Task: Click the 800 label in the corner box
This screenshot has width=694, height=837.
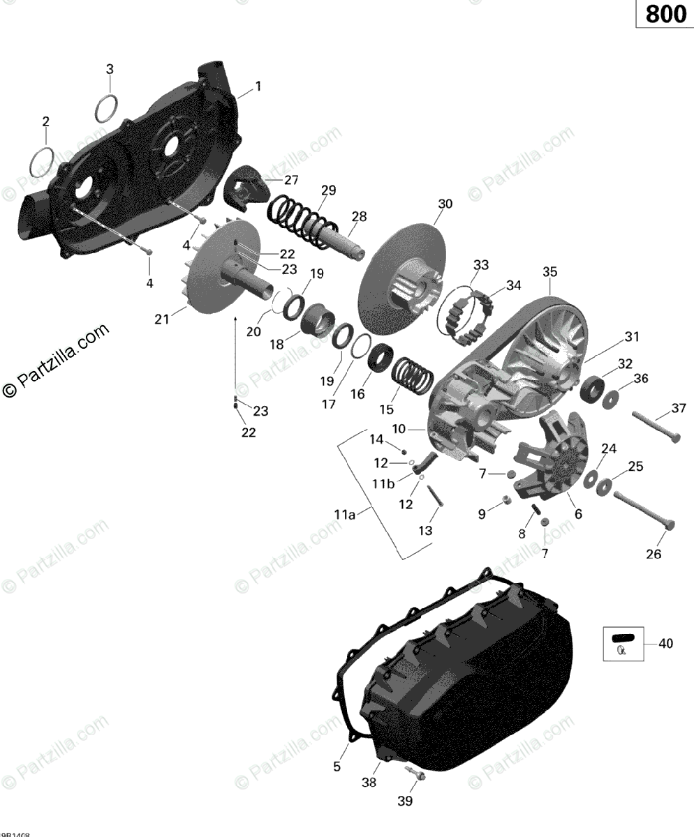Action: coord(665,14)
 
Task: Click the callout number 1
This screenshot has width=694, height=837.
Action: coord(258,86)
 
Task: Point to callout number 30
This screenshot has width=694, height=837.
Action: coord(445,204)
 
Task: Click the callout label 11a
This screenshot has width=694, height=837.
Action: coord(344,515)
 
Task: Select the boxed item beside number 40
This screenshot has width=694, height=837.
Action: coord(622,644)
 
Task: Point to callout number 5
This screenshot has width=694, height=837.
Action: coord(337,767)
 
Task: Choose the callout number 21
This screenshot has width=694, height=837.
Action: coord(162,319)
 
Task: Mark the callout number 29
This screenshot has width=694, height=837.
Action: coord(328,190)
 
